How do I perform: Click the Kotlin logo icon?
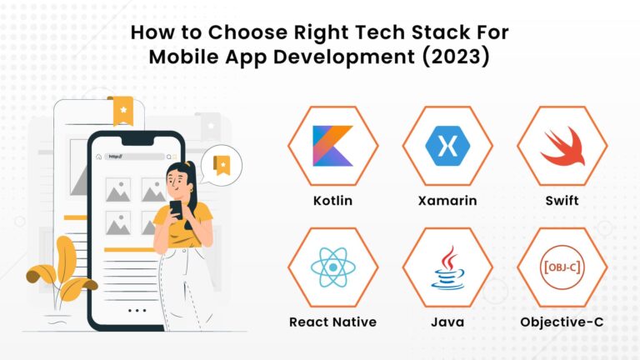coord(332,146)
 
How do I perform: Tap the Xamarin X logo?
coord(447,146)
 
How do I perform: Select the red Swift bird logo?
coord(562,147)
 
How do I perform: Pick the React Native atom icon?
coord(332,267)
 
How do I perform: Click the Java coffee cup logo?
coord(447,266)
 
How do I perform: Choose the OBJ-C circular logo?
coord(562,267)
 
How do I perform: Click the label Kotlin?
coord(332,201)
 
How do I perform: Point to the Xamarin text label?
coord(447,201)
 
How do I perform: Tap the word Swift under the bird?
coord(562,201)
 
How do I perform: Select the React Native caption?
coord(332,322)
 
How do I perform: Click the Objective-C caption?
coord(562,322)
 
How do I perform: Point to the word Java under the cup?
coord(447,322)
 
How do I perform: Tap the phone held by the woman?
coord(176,209)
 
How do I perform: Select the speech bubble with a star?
coord(222,164)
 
